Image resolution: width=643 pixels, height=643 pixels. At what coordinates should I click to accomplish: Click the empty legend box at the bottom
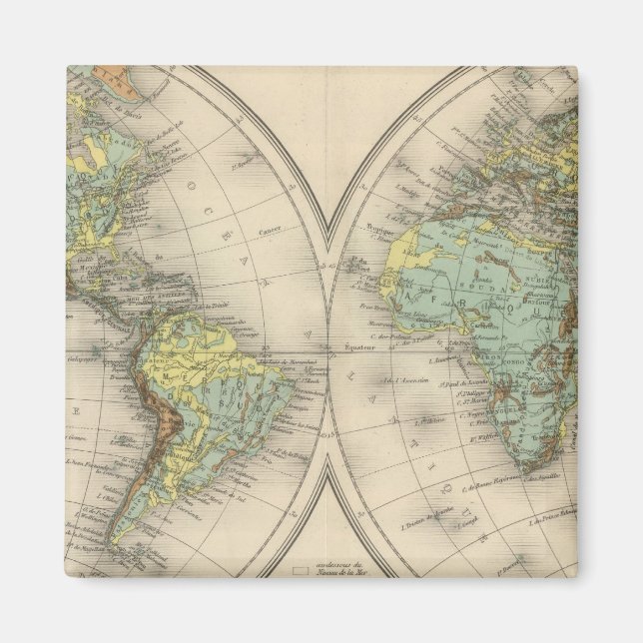pyautogui.click(x=298, y=570)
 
